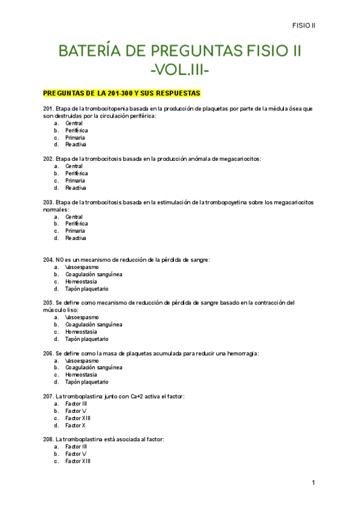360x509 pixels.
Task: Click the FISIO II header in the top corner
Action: click(x=304, y=25)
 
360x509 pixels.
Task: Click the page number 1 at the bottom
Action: click(x=313, y=483)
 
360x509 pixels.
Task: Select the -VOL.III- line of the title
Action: click(x=179, y=71)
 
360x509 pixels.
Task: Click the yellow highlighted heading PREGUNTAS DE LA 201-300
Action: click(x=121, y=94)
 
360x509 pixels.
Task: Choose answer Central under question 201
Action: click(x=74, y=123)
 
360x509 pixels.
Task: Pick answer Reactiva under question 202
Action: click(x=76, y=188)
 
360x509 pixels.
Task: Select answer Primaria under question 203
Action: click(x=75, y=231)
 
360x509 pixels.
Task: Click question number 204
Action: click(x=49, y=260)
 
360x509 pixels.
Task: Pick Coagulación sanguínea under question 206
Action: click(x=94, y=367)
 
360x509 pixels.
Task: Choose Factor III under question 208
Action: click(x=76, y=447)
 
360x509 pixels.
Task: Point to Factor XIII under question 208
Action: click(x=78, y=461)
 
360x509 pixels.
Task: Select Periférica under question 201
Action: click(x=76, y=130)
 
